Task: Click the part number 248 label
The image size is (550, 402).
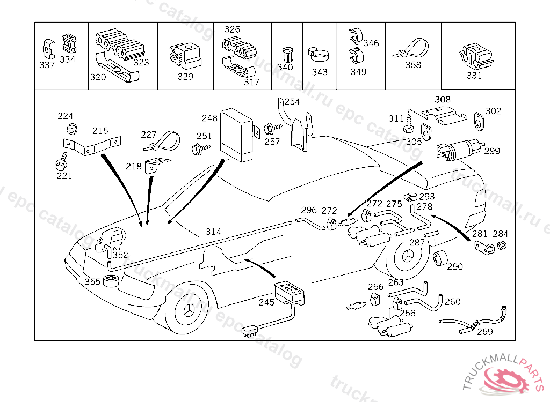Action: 209,118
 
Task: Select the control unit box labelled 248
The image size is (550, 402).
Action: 238,134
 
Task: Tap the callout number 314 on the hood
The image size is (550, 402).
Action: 213,232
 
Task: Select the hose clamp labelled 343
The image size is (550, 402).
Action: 320,54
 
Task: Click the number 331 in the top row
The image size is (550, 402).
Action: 474,76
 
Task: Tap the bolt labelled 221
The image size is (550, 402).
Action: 61,161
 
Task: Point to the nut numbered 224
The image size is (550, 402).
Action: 70,129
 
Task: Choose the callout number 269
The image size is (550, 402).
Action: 484,332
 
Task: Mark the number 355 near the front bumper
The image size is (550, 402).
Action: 92,281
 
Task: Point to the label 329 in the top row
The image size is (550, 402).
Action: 185,77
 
